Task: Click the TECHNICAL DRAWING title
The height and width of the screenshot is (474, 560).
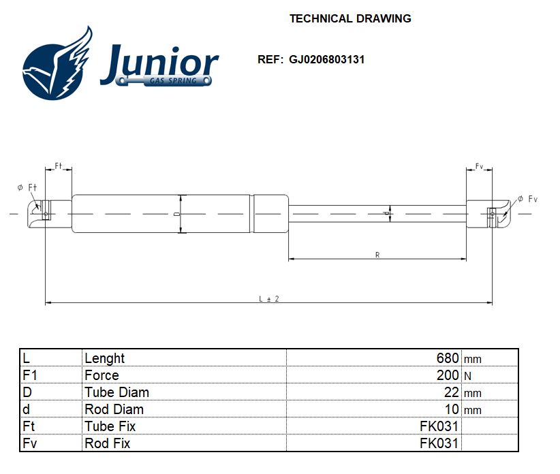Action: click(x=350, y=18)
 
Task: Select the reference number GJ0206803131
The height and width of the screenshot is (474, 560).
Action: click(x=326, y=59)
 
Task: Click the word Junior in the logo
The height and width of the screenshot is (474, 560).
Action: click(x=159, y=64)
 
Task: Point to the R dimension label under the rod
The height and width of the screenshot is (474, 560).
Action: click(x=377, y=255)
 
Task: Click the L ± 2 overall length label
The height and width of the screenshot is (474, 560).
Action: click(x=269, y=299)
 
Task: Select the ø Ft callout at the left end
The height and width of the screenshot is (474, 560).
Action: click(x=27, y=187)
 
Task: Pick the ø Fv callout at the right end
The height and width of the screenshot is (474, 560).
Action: click(x=527, y=199)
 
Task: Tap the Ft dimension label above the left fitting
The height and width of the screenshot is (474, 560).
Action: click(x=58, y=165)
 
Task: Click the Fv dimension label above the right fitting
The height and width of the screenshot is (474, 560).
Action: click(x=479, y=166)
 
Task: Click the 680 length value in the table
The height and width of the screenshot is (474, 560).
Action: click(x=447, y=358)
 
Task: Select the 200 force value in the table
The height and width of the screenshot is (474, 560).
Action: click(x=447, y=375)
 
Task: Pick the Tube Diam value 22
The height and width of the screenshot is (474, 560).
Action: click(x=452, y=392)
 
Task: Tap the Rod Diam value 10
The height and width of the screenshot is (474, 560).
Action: click(x=452, y=409)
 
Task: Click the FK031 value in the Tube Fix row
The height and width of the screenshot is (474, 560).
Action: click(x=439, y=426)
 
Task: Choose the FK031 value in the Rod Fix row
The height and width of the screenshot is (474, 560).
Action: click(x=439, y=443)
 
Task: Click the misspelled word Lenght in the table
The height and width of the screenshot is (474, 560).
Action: click(x=105, y=358)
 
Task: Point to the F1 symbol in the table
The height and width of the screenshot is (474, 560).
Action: click(x=30, y=375)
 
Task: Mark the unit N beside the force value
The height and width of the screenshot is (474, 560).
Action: click(x=467, y=376)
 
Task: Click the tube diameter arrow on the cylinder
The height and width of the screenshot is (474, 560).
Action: click(x=182, y=214)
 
